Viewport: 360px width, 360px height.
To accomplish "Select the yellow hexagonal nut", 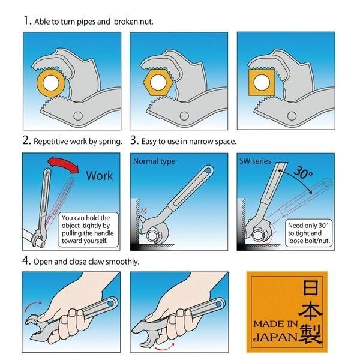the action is pyautogui.click(x=158, y=82).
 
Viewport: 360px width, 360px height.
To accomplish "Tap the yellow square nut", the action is pyautogui.click(x=262, y=82).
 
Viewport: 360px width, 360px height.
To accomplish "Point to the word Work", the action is pyautogui.click(x=100, y=176).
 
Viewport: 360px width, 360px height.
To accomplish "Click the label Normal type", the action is pyautogui.click(x=154, y=161).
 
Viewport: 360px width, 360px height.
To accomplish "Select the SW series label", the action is pyautogui.click(x=255, y=161).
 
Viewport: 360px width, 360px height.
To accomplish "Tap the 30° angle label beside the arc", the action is pyautogui.click(x=303, y=172).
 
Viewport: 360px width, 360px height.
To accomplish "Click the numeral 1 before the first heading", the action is pyautogui.click(x=27, y=20).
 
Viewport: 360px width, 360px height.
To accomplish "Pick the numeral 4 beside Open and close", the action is pyautogui.click(x=26, y=260).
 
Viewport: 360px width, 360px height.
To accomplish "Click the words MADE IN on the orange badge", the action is pyautogui.click(x=275, y=324).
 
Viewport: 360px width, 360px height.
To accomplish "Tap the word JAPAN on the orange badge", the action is pyautogui.click(x=275, y=337).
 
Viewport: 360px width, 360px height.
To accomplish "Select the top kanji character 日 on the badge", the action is pyautogui.click(x=310, y=287).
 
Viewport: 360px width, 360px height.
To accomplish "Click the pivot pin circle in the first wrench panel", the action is pyautogui.click(x=78, y=116).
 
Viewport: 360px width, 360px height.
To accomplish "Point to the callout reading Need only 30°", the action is pyautogui.click(x=309, y=233).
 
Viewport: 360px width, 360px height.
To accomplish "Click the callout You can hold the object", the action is pyautogui.click(x=88, y=229).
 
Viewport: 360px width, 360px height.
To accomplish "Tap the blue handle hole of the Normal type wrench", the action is pyautogui.click(x=208, y=170).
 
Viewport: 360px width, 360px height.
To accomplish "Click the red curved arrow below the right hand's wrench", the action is pyautogui.click(x=164, y=347).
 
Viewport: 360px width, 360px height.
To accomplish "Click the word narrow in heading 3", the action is pyautogui.click(x=201, y=142).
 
